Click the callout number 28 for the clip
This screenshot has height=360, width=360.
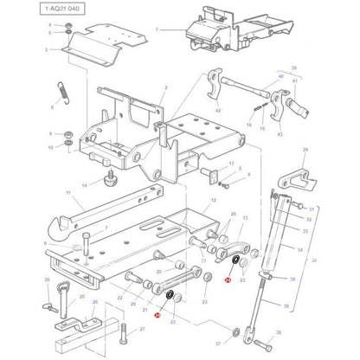[304, 151]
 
